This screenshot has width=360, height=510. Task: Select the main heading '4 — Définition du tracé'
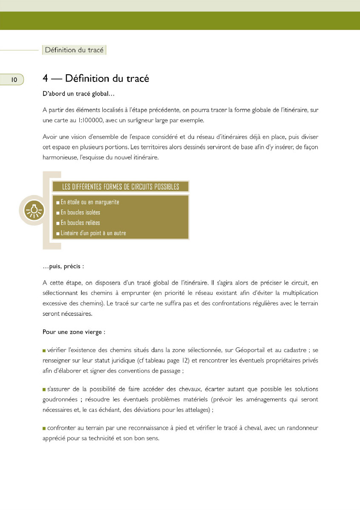click(96, 79)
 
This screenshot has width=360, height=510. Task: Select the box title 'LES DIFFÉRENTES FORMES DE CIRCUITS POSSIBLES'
click(120, 187)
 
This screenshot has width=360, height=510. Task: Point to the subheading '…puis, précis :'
click(63, 266)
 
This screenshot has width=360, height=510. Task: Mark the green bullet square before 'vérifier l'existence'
click(44, 351)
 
